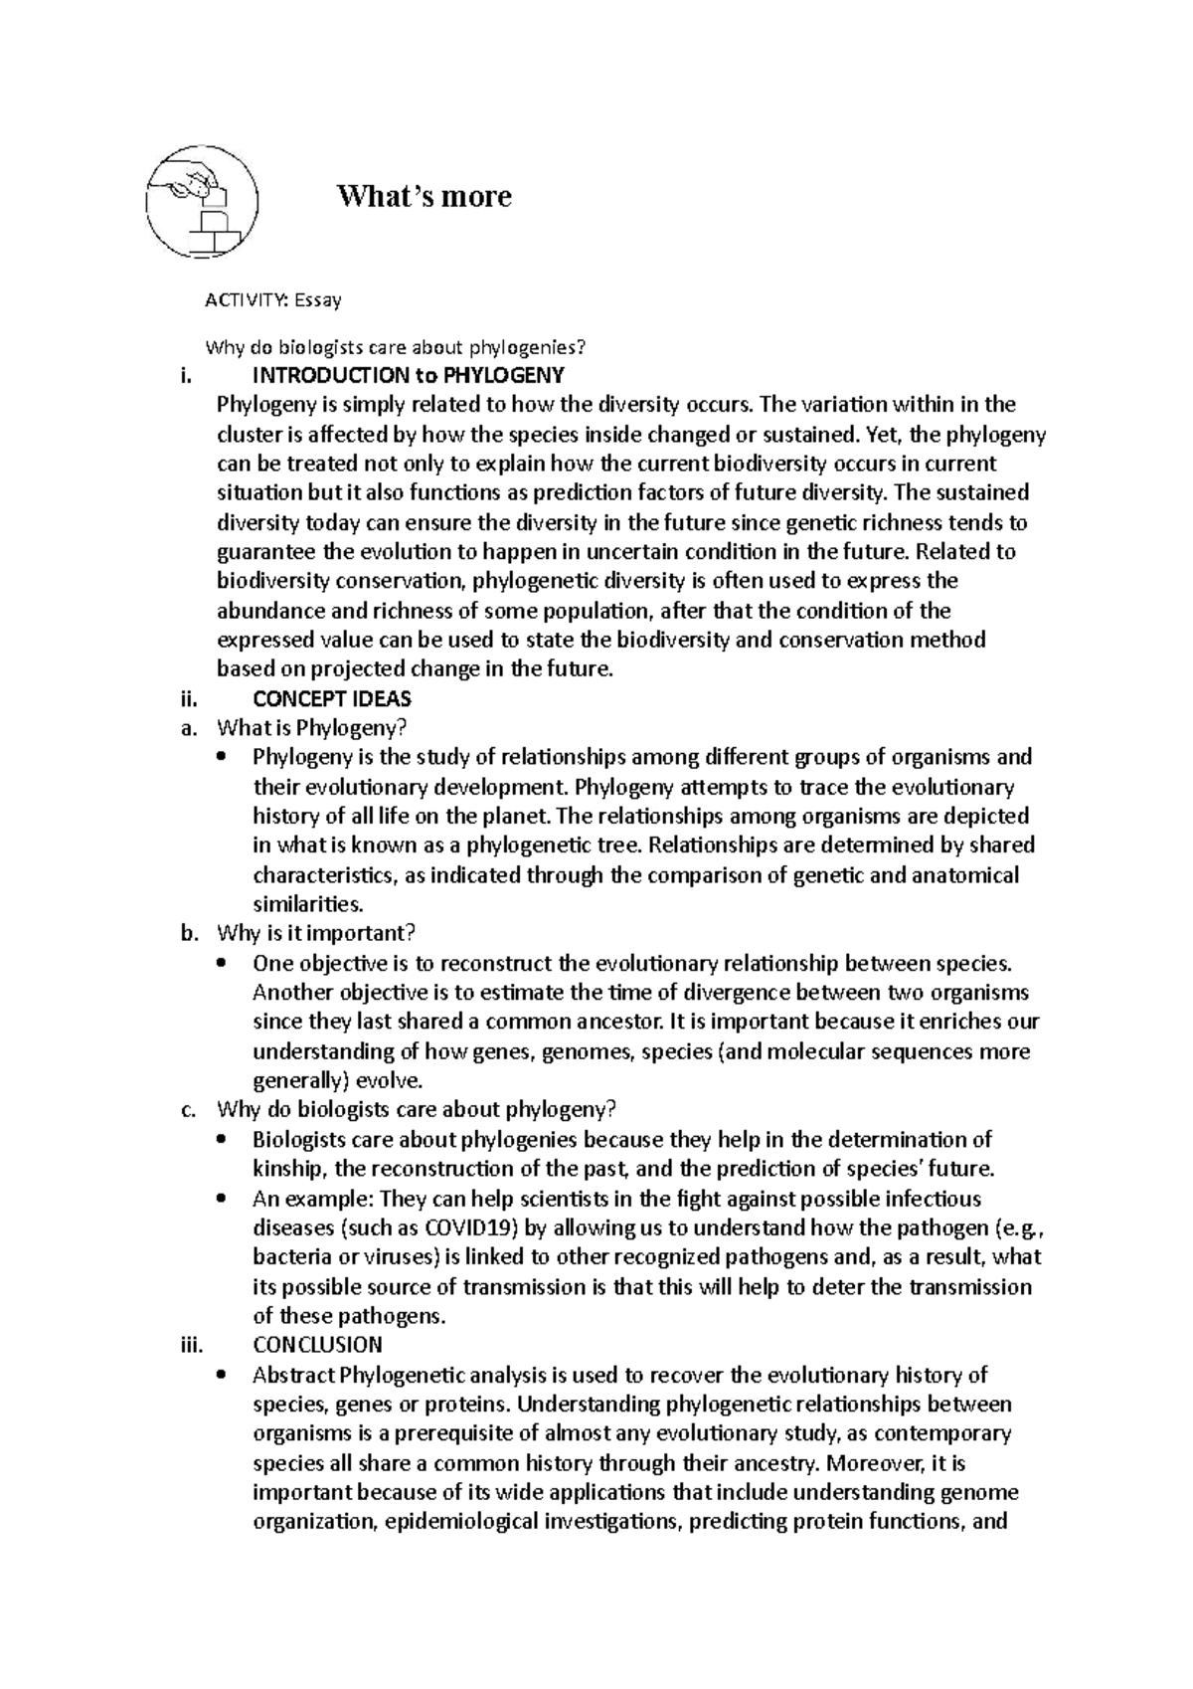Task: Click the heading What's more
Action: click(425, 196)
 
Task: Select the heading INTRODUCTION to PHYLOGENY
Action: click(409, 375)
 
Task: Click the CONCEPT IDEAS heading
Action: click(332, 698)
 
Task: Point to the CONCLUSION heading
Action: click(317, 1345)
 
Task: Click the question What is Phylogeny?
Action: click(312, 728)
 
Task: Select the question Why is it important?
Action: click(315, 933)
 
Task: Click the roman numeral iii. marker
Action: click(189, 1345)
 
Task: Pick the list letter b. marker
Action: click(189, 933)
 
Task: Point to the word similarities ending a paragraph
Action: click(307, 904)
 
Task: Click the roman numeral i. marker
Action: click(189, 375)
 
